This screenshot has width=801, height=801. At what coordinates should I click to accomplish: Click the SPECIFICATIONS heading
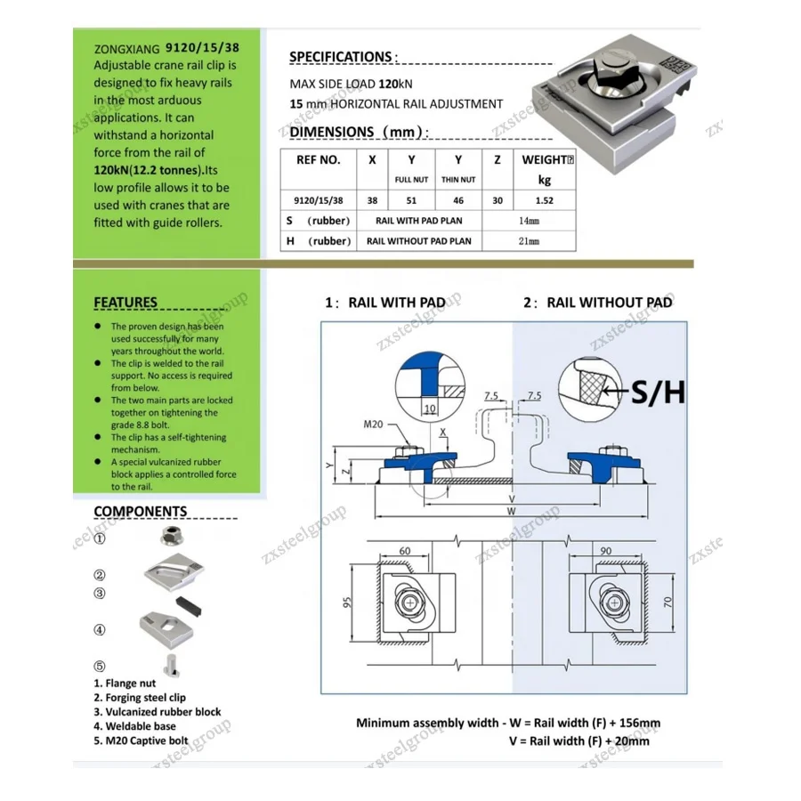(x=341, y=57)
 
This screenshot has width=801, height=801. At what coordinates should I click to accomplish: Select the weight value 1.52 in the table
(x=545, y=201)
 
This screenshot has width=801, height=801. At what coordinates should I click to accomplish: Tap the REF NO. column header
(x=318, y=160)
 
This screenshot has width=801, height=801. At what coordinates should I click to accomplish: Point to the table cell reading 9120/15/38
(x=318, y=201)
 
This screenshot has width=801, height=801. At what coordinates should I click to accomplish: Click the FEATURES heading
(x=125, y=303)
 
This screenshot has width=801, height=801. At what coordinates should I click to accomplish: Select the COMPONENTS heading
(x=141, y=512)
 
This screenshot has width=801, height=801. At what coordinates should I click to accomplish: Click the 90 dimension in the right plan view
(x=606, y=552)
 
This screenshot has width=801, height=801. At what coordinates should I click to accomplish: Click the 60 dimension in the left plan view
(x=405, y=552)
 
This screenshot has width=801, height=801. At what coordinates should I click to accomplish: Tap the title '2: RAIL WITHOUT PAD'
(x=597, y=303)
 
